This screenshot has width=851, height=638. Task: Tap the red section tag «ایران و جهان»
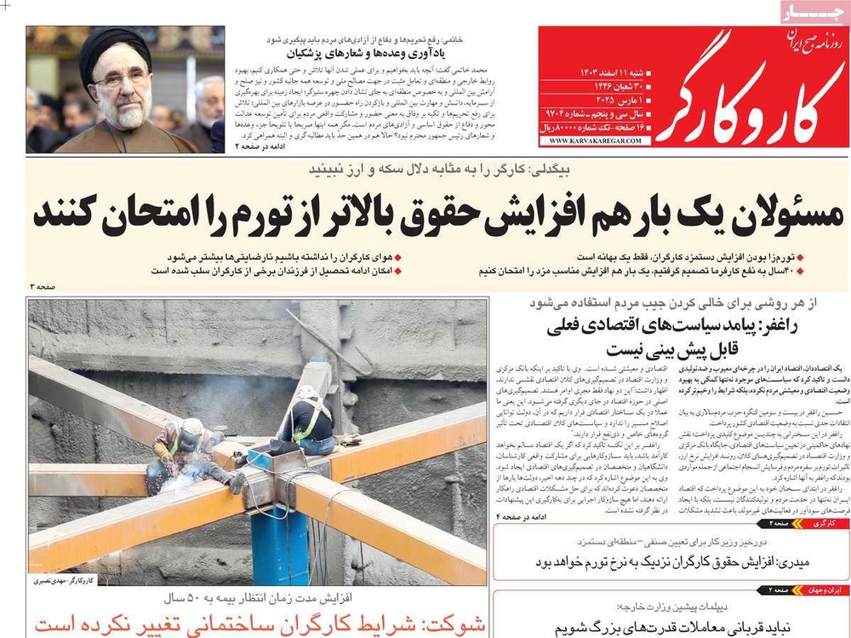(x=818, y=589)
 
